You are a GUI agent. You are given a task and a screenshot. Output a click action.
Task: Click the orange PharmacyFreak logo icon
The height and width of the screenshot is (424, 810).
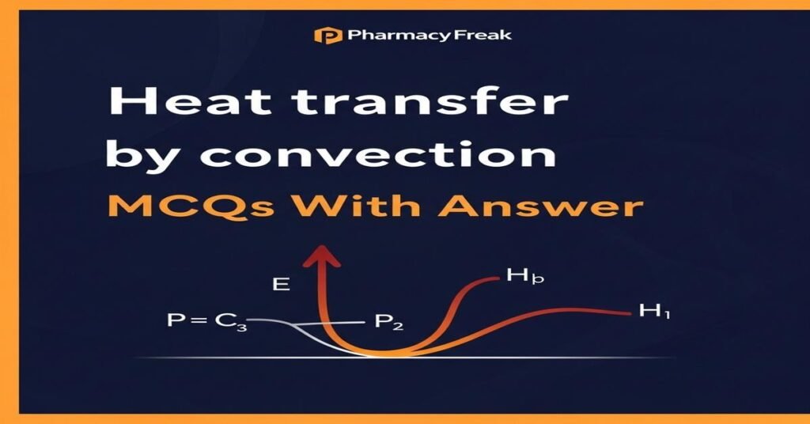click(x=323, y=35)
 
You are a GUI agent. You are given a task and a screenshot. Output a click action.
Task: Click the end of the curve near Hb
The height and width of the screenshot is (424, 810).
click(x=494, y=278)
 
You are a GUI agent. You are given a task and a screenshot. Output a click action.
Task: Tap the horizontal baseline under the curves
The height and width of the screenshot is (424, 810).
click(x=554, y=358)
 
